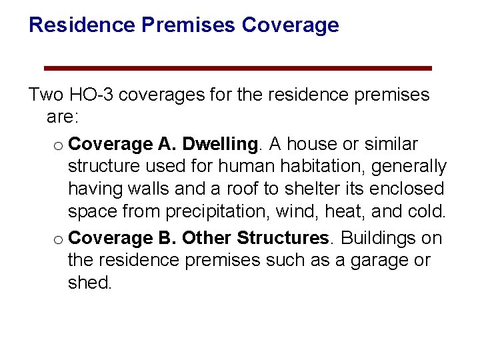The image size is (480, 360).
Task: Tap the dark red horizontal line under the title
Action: click(238, 68)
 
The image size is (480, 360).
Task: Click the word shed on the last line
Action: click(89, 283)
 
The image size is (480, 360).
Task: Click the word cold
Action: click(425, 211)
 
